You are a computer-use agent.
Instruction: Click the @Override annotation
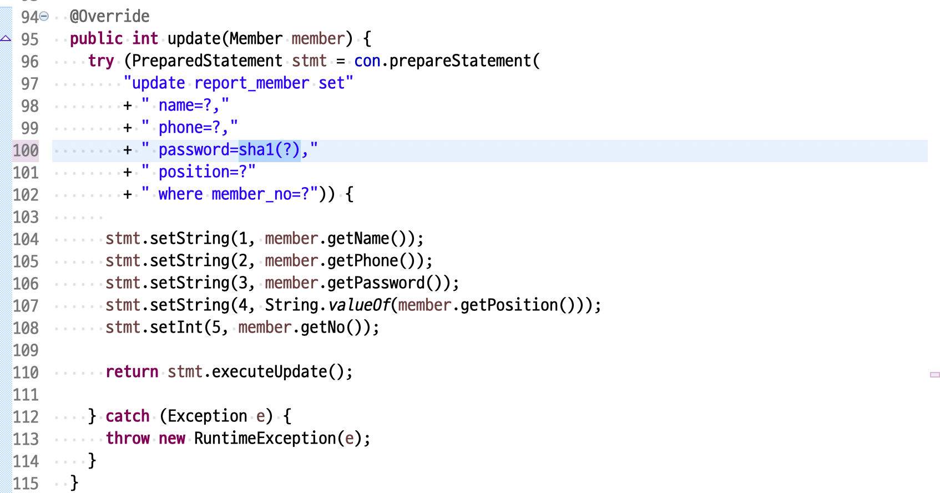click(110, 17)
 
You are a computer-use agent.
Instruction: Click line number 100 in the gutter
click(26, 150)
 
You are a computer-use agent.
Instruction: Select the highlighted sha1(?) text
click(270, 150)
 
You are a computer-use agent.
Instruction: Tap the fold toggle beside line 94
click(44, 17)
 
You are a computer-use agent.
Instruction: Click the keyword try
click(101, 61)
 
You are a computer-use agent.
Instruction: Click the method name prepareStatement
click(460, 61)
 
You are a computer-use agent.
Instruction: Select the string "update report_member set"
click(238, 83)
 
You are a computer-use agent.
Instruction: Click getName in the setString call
click(358, 239)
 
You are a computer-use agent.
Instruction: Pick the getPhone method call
click(362, 261)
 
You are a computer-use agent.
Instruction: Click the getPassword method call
click(376, 283)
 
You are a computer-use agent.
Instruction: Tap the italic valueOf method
click(359, 305)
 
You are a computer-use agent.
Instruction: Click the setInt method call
click(176, 328)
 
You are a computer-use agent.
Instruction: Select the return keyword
click(132, 372)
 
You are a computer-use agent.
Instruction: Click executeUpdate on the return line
click(269, 372)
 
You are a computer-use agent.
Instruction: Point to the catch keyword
click(127, 416)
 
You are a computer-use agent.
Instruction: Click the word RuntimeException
click(265, 439)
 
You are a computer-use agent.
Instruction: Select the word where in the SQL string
click(180, 194)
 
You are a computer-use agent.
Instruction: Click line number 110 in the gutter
click(26, 373)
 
